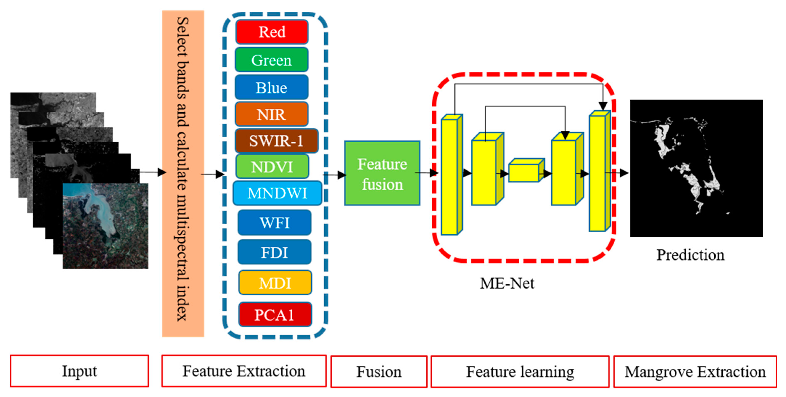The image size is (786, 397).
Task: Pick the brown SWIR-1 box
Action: coord(276,141)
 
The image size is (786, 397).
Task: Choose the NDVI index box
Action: coord(272,167)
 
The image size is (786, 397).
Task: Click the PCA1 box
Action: coord(275,315)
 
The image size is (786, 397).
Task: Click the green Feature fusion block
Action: coord(382,173)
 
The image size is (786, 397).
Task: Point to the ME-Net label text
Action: coord(507,283)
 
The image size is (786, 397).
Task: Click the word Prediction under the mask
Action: coord(690,255)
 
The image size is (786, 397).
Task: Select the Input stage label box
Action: coord(79,371)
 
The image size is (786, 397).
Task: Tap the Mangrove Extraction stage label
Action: coord(695,372)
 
